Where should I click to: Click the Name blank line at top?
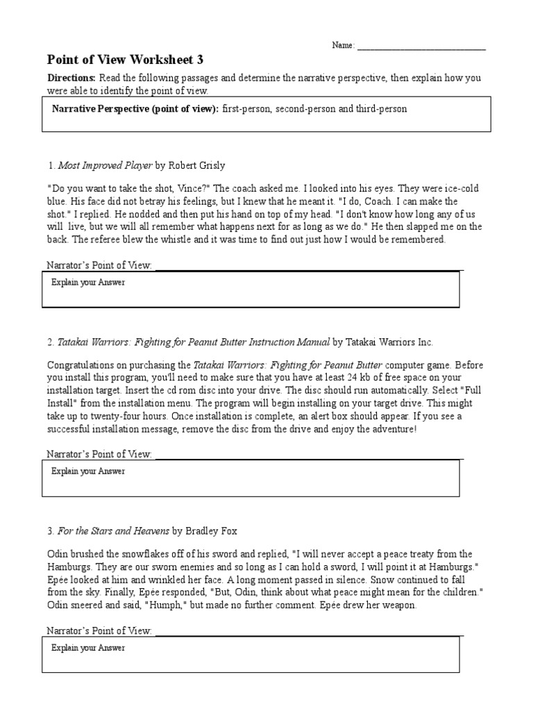pyautogui.click(x=421, y=46)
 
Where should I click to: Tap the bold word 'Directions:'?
pyautogui.click(x=71, y=78)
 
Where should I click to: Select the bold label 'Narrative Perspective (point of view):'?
pyautogui.click(x=135, y=109)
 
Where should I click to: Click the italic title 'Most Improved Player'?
pyautogui.click(x=105, y=165)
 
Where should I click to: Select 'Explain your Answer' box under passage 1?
pyautogui.click(x=250, y=289)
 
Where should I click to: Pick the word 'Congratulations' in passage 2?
pyautogui.click(x=82, y=365)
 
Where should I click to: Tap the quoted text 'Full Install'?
pyautogui.click(x=458, y=390)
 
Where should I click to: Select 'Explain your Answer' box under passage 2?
pyautogui.click(x=250, y=477)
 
